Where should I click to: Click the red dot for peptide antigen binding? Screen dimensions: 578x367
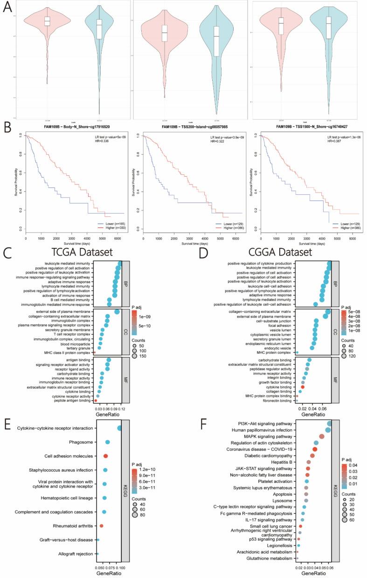click(96, 400)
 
